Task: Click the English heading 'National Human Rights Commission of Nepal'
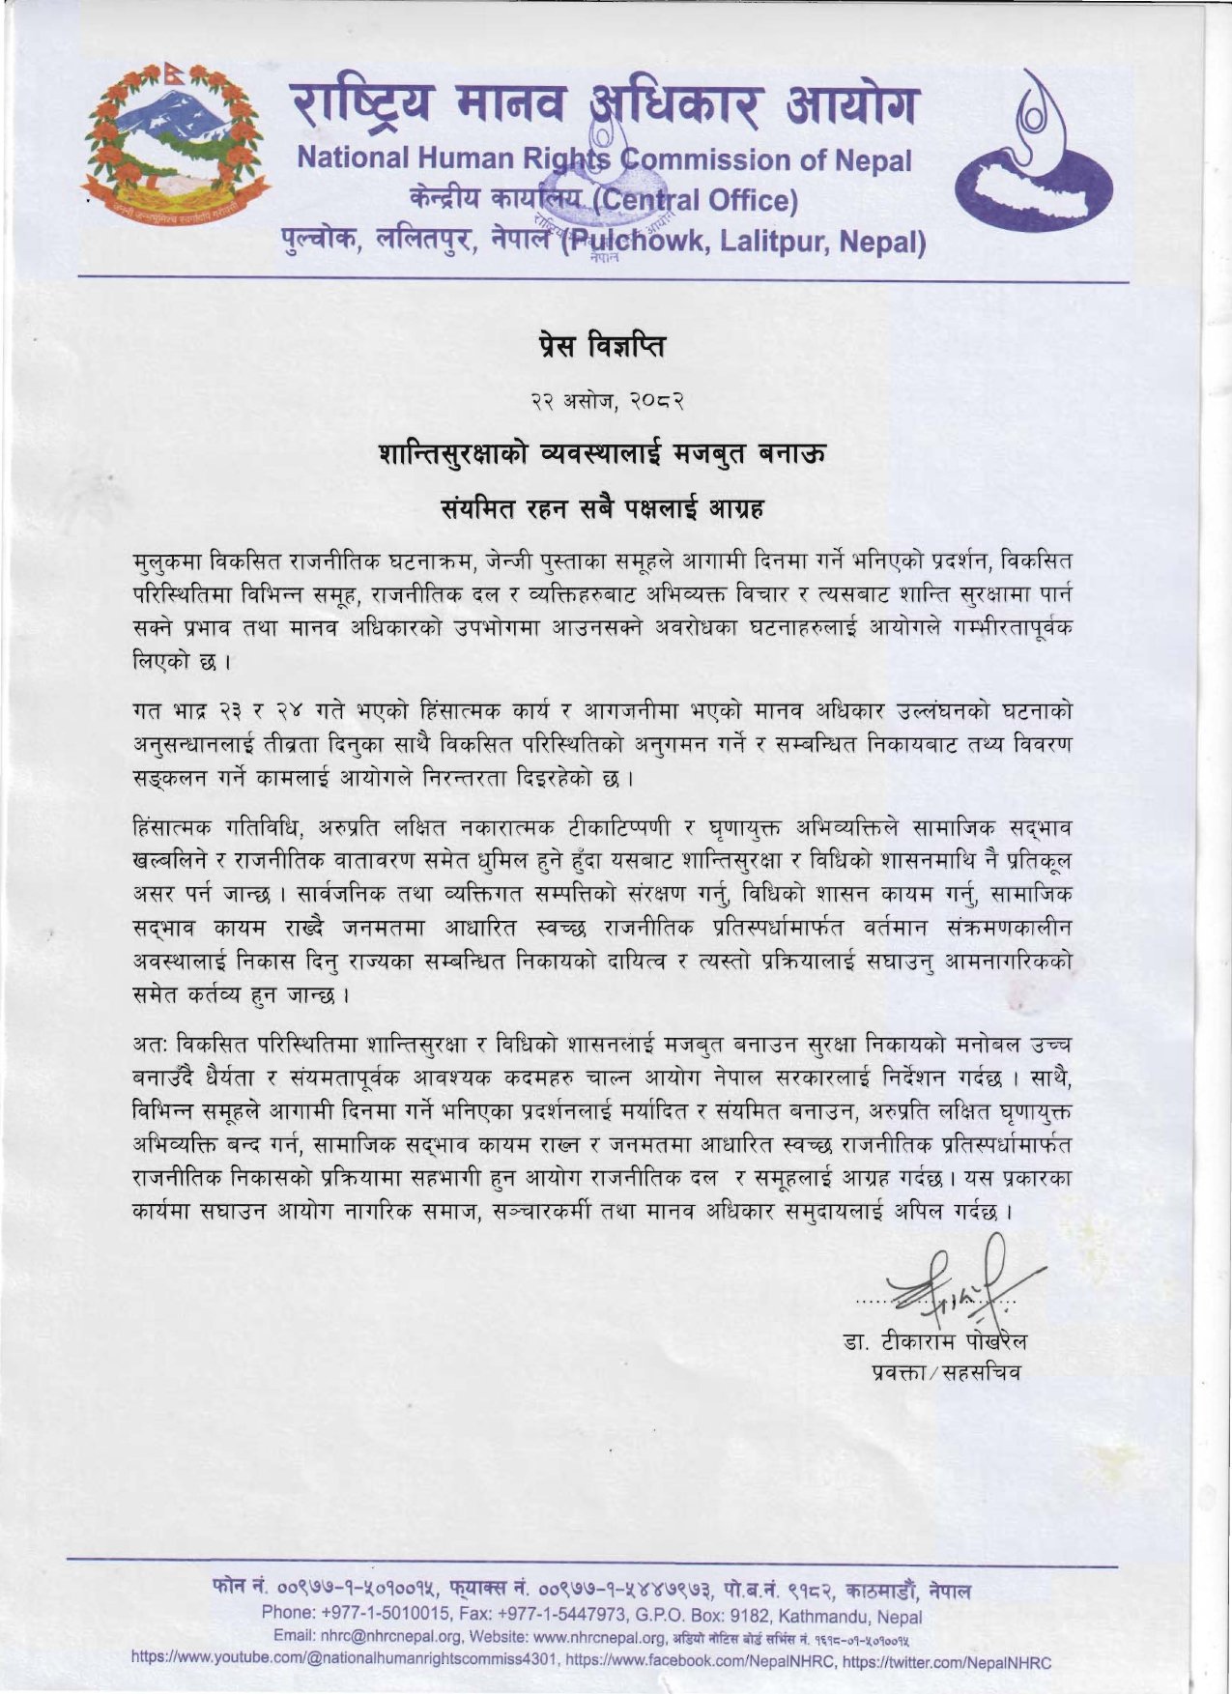pyautogui.click(x=604, y=159)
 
